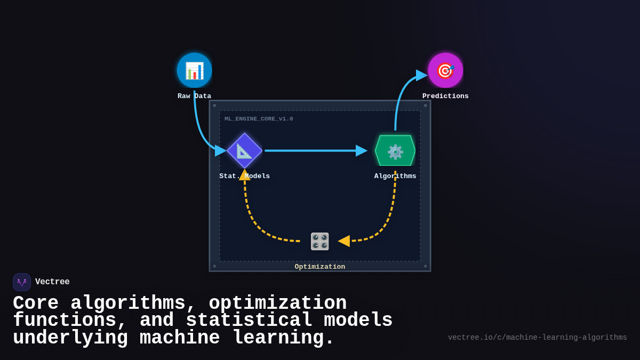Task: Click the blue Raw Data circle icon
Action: pos(194,70)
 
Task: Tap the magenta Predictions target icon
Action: pos(445,70)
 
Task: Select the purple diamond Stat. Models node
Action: pos(244,150)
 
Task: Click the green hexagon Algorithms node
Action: pos(395,151)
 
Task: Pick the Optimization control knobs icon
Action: pos(320,241)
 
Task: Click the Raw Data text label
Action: pos(194,96)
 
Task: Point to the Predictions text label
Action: pos(445,96)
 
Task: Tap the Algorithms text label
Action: pos(395,176)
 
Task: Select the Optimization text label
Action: pos(320,267)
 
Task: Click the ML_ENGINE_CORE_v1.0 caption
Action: pos(259,119)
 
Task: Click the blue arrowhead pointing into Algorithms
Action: pos(362,151)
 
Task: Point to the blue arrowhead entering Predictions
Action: pos(421,75)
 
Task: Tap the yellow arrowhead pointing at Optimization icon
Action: pos(344,241)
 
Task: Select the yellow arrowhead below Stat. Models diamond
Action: pos(244,175)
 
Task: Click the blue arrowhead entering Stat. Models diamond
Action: pos(220,150)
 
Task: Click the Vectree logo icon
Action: pos(22,282)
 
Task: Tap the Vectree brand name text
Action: pos(52,282)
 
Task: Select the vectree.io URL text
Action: pos(537,338)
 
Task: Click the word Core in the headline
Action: pos(36,303)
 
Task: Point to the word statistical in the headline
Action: pos(249,321)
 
